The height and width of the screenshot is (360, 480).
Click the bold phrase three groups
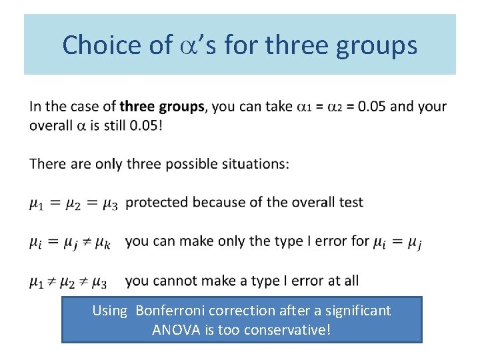(x=161, y=107)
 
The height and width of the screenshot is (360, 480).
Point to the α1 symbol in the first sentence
(x=303, y=107)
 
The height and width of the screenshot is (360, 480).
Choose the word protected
(x=155, y=203)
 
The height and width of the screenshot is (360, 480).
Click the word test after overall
(x=351, y=203)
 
